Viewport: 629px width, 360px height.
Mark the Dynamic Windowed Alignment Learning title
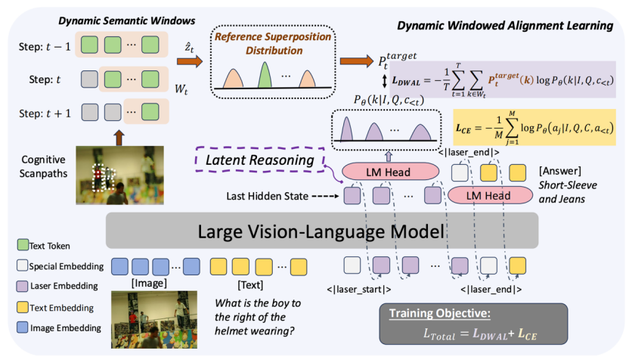(505, 26)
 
